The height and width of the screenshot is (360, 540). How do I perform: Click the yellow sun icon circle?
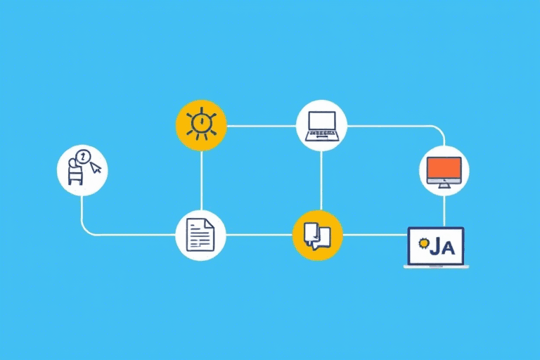click(201, 125)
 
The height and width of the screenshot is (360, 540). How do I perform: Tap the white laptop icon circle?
click(321, 125)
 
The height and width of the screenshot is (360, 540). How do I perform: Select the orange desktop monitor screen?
click(444, 168)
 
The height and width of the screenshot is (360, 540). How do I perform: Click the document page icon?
click(200, 236)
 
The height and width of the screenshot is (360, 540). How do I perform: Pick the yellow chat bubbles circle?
click(317, 236)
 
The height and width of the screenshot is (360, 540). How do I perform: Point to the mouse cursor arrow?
click(96, 168)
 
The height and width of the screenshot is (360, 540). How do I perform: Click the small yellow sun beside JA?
click(423, 243)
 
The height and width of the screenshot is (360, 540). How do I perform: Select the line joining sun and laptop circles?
click(262, 126)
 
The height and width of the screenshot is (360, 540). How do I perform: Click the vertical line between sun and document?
click(202, 181)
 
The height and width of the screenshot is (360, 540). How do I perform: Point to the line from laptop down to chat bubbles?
click(321, 181)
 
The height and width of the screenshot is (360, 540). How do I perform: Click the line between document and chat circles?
click(259, 235)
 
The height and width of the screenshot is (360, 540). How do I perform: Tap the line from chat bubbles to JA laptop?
click(375, 235)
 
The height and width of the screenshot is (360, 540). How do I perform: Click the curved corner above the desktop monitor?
click(440, 130)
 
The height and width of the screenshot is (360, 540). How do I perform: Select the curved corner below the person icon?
click(85, 231)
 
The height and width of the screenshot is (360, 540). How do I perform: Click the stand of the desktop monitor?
click(444, 186)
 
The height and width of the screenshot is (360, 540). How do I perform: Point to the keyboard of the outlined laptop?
click(321, 136)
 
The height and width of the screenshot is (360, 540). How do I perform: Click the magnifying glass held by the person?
click(83, 157)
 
